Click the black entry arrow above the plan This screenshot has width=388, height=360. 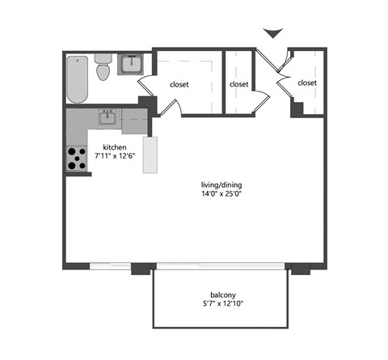tap(274, 33)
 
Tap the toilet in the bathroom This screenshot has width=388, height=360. tap(103, 69)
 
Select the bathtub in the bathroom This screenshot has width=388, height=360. tap(78, 78)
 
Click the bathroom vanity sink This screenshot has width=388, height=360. tap(129, 64)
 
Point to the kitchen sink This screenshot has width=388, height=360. tap(108, 118)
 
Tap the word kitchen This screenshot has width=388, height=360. tap(113, 146)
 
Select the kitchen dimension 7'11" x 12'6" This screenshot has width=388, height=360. tap(113, 156)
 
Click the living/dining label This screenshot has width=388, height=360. tap(221, 184)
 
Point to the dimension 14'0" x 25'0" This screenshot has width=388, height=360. tap(221, 194)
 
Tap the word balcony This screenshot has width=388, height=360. tap(219, 294)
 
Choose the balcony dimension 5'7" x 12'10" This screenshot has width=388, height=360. tap(219, 305)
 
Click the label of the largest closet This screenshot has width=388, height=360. tap(179, 83)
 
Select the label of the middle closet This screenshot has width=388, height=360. tap(238, 83)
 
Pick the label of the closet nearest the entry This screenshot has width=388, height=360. tap(306, 83)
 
